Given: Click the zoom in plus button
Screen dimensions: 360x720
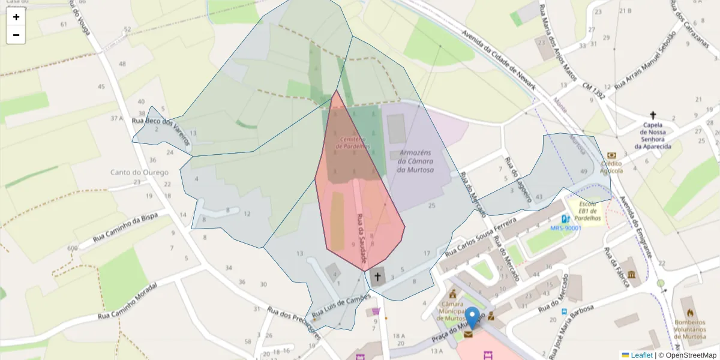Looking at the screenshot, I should click(16, 17).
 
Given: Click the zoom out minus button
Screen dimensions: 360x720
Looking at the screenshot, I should click(16, 35).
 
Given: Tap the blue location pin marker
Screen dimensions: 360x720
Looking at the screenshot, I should click(472, 317).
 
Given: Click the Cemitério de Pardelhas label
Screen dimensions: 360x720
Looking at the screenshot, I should click(353, 143).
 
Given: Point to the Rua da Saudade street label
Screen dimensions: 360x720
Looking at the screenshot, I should click(361, 240).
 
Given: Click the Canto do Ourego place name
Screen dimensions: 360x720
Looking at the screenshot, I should click(140, 172).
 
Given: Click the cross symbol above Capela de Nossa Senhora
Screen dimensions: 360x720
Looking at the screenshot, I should click(653, 115).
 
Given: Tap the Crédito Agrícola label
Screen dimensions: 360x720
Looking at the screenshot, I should click(611, 166).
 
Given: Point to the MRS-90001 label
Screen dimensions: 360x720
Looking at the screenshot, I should click(565, 228).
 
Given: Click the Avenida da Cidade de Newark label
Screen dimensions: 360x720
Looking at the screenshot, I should click(497, 58).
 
